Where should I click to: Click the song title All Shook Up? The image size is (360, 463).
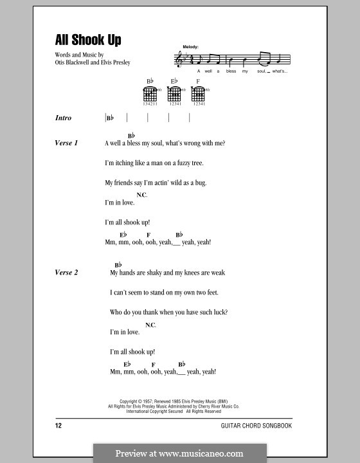[88, 41]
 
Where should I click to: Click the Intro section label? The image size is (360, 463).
[64, 118]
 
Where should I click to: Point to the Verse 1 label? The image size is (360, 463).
[67, 143]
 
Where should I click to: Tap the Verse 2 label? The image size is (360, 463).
[67, 273]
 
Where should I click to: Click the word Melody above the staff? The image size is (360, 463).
[191, 47]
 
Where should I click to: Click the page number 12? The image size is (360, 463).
[59, 426]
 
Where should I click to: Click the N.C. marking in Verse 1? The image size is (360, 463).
[142, 194]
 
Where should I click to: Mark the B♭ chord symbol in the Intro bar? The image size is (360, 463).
[110, 118]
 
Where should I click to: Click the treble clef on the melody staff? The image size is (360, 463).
[178, 60]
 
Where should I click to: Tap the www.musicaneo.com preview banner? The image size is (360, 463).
[180, 453]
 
